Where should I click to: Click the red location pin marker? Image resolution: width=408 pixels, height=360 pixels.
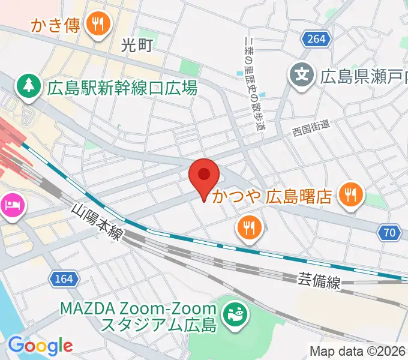[205, 176]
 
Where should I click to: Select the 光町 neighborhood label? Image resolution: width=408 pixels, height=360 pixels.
[137, 44]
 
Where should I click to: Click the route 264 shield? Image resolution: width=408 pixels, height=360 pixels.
[314, 39]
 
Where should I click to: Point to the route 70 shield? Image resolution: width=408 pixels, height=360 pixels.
[389, 232]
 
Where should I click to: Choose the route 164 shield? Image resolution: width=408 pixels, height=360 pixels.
[62, 279]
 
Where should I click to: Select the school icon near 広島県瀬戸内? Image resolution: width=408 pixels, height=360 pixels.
[302, 75]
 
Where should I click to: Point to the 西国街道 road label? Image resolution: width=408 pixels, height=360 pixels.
[311, 127]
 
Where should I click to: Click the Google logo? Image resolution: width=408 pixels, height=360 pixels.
[40, 346]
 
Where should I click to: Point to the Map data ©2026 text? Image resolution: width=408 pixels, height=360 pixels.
[358, 351]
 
